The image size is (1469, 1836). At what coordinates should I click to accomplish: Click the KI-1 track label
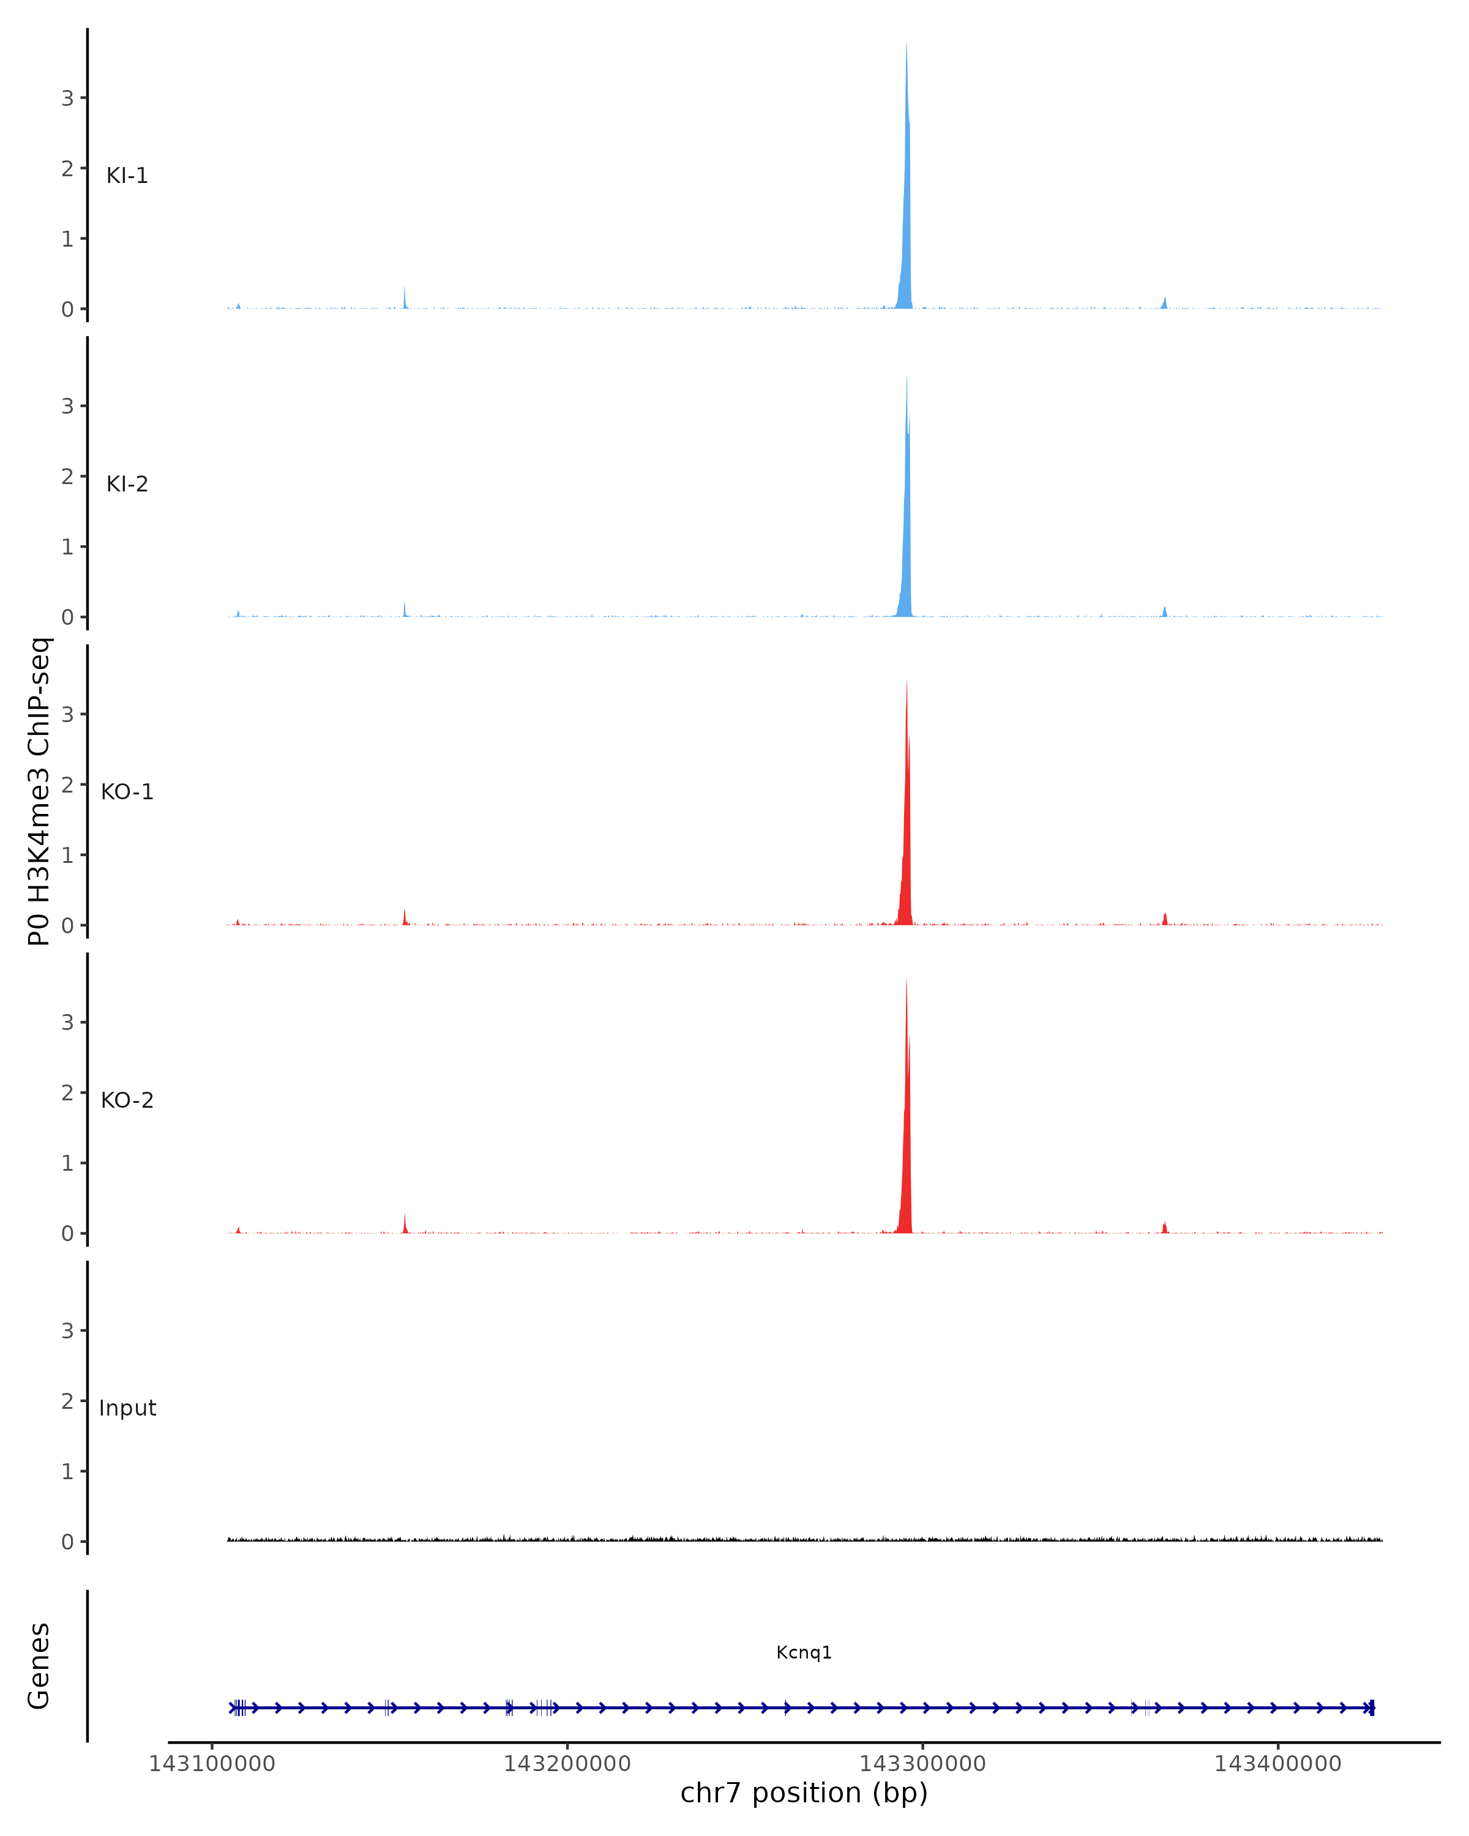(127, 176)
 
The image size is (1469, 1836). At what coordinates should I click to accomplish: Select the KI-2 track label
(127, 483)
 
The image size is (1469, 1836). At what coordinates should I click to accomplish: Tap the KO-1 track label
(127, 792)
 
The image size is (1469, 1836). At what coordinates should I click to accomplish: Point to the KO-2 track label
(127, 1100)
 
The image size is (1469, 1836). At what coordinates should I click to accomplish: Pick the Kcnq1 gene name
(803, 1652)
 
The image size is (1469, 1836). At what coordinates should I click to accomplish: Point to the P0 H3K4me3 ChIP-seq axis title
(39, 792)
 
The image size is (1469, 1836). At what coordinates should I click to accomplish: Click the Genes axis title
(39, 1666)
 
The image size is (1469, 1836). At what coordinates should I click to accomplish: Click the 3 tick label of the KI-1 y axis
(67, 98)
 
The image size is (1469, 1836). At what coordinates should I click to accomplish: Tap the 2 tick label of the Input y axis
(67, 1401)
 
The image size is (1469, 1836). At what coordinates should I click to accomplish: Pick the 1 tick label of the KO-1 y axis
(67, 855)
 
